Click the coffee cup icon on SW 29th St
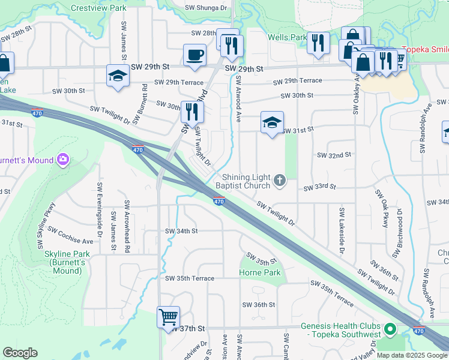pyautogui.click(x=194, y=55)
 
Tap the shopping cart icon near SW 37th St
pyautogui.click(x=168, y=316)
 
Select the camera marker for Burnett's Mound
pyautogui.click(x=63, y=160)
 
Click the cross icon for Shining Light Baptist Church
pyautogui.click(x=280, y=181)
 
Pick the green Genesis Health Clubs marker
pyautogui.click(x=390, y=329)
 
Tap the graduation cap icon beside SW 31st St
pyautogui.click(x=272, y=123)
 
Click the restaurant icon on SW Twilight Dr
pyautogui.click(x=192, y=111)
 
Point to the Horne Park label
pyautogui.click(x=260, y=272)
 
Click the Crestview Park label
pyautogui.click(x=98, y=8)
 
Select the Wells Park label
pyautogui.click(x=287, y=37)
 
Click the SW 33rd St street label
pyautogui.click(x=320, y=188)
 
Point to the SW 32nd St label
pyautogui.click(x=334, y=155)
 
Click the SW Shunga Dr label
pyautogui.click(x=206, y=8)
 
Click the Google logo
pyautogui.click(x=20, y=353)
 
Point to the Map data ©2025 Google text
pyautogui.click(x=411, y=355)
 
